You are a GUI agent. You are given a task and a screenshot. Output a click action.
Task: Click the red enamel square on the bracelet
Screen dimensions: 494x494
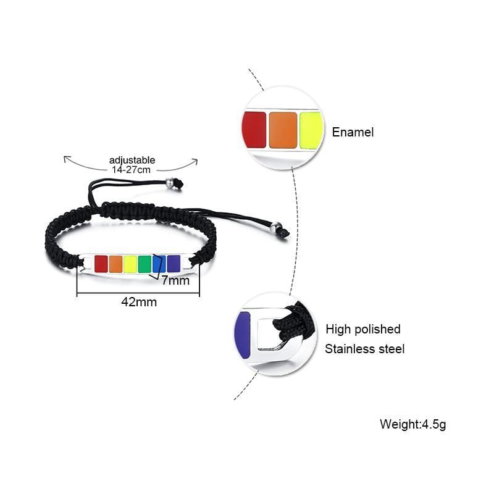(x=101, y=264)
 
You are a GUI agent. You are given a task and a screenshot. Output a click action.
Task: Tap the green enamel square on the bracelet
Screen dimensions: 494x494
(x=144, y=264)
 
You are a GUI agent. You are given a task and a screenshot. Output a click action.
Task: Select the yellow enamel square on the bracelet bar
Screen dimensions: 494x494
(x=130, y=264)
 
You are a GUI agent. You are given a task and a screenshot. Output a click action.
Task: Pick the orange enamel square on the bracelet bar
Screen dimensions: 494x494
(x=116, y=264)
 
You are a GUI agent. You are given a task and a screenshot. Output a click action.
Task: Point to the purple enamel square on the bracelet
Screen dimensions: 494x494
(x=174, y=264)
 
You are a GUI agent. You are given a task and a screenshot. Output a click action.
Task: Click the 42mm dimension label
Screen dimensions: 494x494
(x=139, y=302)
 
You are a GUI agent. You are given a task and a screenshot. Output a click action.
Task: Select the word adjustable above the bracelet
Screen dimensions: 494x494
(x=132, y=160)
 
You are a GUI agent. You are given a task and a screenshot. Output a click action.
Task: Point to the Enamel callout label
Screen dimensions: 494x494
(x=353, y=132)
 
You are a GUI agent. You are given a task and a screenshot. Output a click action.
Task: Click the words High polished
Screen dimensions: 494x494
(x=363, y=329)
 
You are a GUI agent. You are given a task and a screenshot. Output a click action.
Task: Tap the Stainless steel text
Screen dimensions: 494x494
(x=365, y=349)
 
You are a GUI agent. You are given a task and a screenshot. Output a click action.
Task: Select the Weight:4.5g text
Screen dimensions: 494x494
(x=412, y=424)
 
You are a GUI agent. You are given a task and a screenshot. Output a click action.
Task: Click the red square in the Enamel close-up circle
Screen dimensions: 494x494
(x=254, y=130)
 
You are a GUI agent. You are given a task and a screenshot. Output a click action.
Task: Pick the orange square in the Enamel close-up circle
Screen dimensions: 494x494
(x=283, y=130)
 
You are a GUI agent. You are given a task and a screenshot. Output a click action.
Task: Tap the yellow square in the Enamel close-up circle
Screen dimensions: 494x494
(x=311, y=130)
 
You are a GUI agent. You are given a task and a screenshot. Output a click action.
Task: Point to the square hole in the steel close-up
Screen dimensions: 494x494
(x=268, y=333)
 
